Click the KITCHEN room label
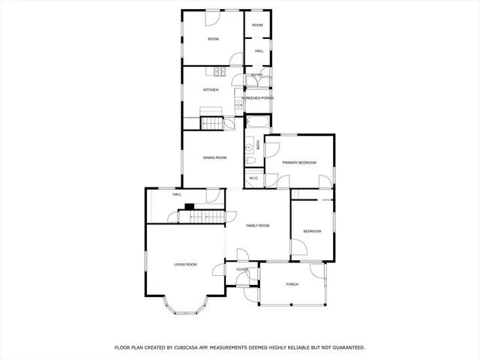[x=211, y=90]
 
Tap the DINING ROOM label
[x=214, y=157]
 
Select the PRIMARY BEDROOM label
[x=299, y=163]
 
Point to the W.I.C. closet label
[x=253, y=178]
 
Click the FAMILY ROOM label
[x=257, y=225]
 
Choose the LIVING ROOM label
[x=185, y=264]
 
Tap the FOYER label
[x=242, y=269]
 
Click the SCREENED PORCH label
[x=257, y=98]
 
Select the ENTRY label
[x=256, y=75]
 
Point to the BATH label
[x=258, y=145]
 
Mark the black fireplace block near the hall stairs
[x=190, y=207]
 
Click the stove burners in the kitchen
[x=217, y=72]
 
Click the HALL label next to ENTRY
[x=259, y=51]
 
